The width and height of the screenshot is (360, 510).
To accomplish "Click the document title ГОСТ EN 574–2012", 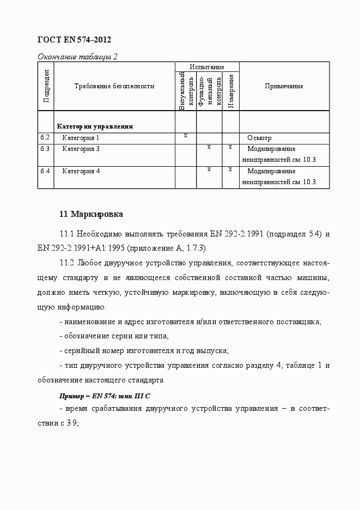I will [74, 40].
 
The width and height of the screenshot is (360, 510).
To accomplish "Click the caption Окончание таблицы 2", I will [77, 56].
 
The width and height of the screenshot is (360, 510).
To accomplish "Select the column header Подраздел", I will [46, 86].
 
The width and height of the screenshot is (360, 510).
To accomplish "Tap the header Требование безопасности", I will [114, 86].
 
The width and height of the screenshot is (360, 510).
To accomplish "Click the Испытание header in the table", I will [207, 67].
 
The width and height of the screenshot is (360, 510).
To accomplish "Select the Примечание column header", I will [284, 86].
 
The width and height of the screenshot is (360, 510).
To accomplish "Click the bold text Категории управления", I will [95, 126].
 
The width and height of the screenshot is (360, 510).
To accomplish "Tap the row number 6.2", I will [45, 138].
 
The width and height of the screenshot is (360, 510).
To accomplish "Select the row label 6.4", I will [45, 171].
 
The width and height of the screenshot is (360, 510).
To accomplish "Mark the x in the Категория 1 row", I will [186, 135].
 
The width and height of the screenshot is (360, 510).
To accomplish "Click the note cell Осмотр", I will [259, 138].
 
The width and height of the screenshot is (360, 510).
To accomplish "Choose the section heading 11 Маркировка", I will [91, 214].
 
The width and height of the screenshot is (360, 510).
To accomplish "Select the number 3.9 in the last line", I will [72, 422].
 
